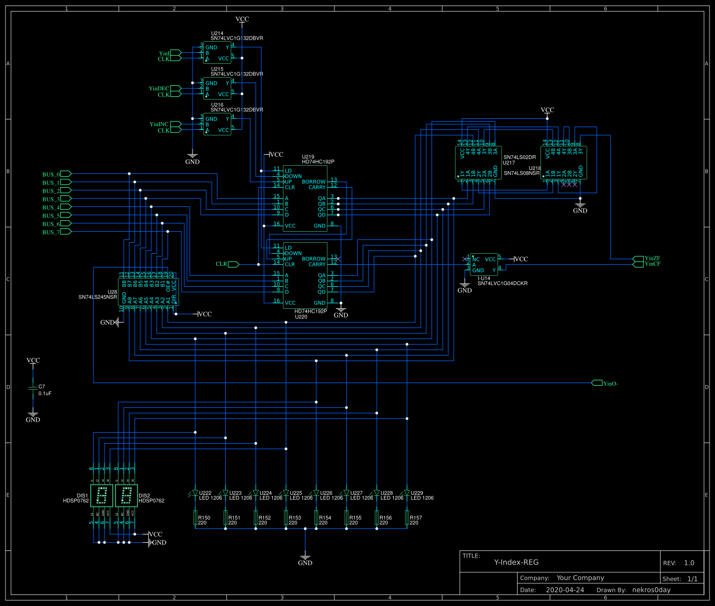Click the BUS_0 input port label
(x=51, y=174)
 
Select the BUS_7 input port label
(x=51, y=232)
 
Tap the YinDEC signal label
(x=159, y=89)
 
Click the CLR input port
(x=222, y=264)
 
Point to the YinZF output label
(x=652, y=258)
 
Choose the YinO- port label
(x=610, y=384)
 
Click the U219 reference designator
(x=309, y=157)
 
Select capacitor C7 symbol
(x=33, y=389)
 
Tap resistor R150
(x=195, y=518)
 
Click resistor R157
(x=407, y=518)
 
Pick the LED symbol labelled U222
(x=195, y=493)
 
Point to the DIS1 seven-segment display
(x=102, y=495)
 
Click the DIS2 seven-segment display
(x=127, y=495)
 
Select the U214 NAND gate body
(x=217, y=53)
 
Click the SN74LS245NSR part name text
(x=97, y=297)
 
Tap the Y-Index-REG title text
(x=516, y=563)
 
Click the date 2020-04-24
(x=565, y=590)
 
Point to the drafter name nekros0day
(x=651, y=590)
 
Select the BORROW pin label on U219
(x=313, y=182)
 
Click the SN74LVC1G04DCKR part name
(x=502, y=283)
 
